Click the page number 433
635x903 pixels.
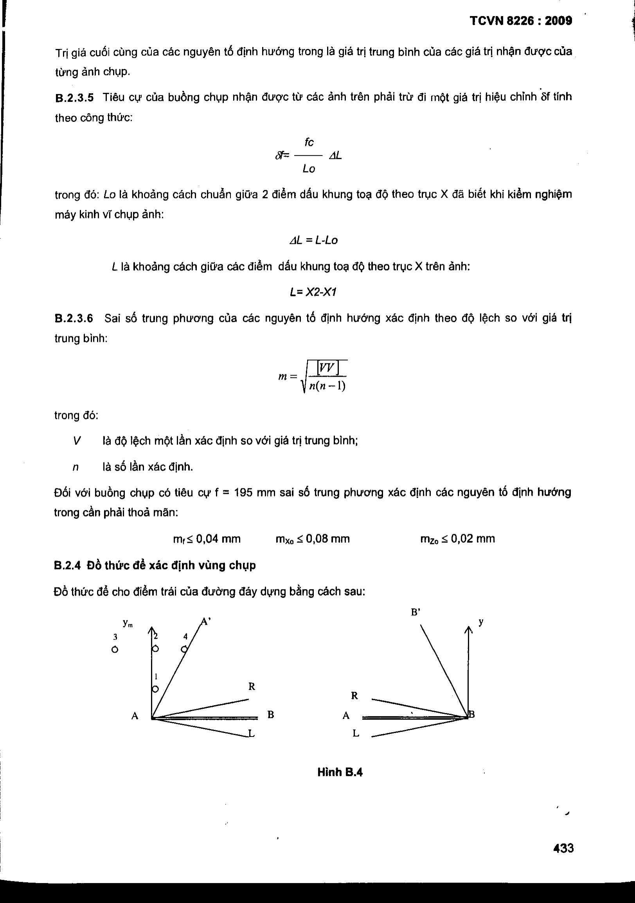[563, 847]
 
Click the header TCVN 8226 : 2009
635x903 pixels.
[521, 21]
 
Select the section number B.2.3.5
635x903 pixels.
[74, 98]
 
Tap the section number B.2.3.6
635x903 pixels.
[74, 318]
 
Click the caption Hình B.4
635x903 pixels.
[340, 772]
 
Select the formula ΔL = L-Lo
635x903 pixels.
[313, 240]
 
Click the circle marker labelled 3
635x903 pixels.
[115, 649]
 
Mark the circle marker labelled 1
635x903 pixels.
[155, 689]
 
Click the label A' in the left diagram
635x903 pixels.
[206, 622]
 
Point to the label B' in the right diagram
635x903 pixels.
[416, 612]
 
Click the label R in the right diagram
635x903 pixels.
[354, 696]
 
